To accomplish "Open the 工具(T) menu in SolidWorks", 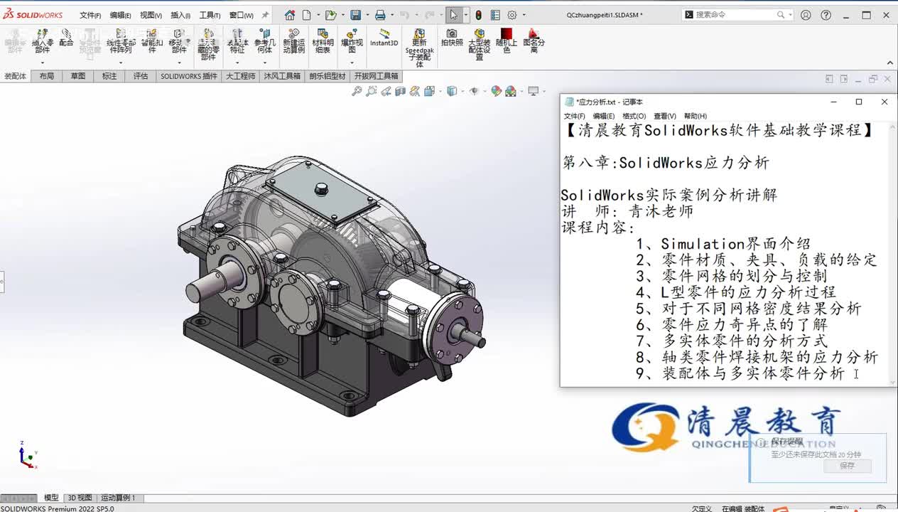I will pos(210,15).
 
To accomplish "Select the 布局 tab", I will pos(46,76).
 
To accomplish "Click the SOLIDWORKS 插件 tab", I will pos(188,76).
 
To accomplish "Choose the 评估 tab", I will pos(141,76).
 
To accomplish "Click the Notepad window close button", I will pos(885,102).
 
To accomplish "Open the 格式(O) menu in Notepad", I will pos(634,116).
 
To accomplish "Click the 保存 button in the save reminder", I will pos(847,466).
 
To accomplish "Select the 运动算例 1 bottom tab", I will pos(117,498).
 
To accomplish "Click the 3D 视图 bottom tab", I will pos(80,498).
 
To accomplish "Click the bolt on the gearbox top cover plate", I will pos(320,188).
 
